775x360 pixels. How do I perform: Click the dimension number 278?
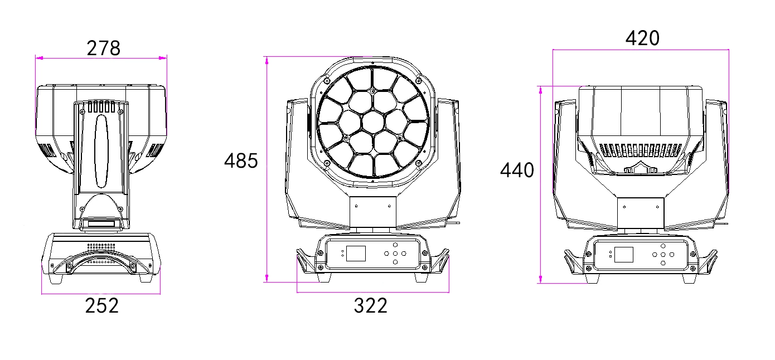point(104,48)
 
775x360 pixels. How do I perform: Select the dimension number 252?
point(101,305)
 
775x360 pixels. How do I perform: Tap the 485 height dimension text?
point(241,161)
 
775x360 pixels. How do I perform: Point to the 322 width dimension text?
point(370,305)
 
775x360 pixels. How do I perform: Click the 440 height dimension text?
point(516,170)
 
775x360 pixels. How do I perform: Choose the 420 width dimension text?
point(642,38)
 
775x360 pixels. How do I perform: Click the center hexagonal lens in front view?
point(372,121)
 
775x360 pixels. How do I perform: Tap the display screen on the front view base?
point(356,254)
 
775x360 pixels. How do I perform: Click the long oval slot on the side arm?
point(102,151)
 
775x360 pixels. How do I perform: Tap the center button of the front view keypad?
point(395,253)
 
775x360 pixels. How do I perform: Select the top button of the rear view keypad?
point(662,246)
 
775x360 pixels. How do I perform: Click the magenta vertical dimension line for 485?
point(267,167)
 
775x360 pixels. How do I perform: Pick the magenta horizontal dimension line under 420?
point(641,50)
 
